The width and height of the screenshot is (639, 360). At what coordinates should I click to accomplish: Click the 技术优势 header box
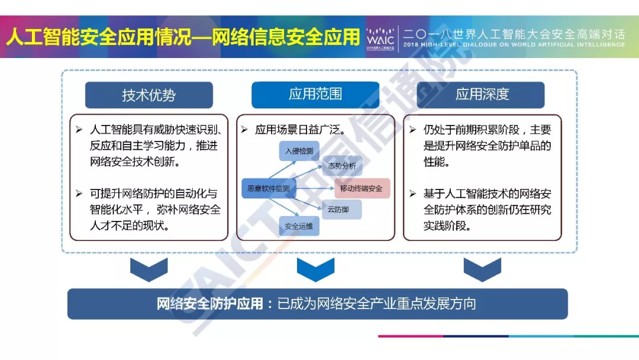pos(149,95)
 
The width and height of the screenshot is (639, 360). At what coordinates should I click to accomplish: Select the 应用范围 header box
pos(315,94)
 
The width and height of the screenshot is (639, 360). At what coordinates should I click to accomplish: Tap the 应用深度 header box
pos(482,94)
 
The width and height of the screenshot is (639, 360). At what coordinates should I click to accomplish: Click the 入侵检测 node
pos(299,151)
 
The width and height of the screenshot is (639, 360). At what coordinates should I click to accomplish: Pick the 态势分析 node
pos(341,166)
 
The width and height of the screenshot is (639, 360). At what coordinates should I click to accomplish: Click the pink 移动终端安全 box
pos(362,188)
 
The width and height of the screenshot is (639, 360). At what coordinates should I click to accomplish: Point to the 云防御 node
pos(341,208)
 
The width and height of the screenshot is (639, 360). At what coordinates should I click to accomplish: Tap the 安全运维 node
pos(299,226)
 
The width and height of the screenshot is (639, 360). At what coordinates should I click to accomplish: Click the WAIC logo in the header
pos(380,37)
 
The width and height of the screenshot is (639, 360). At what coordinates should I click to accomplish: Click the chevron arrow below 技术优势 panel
pos(149,269)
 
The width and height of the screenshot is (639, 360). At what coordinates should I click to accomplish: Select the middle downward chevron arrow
pos(315,269)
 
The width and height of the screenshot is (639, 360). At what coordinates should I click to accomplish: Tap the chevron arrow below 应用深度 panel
pos(482,269)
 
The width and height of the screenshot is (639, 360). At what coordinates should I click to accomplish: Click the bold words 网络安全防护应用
pos(209,304)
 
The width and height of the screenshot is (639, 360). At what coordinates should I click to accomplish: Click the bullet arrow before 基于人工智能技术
pos(413,193)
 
